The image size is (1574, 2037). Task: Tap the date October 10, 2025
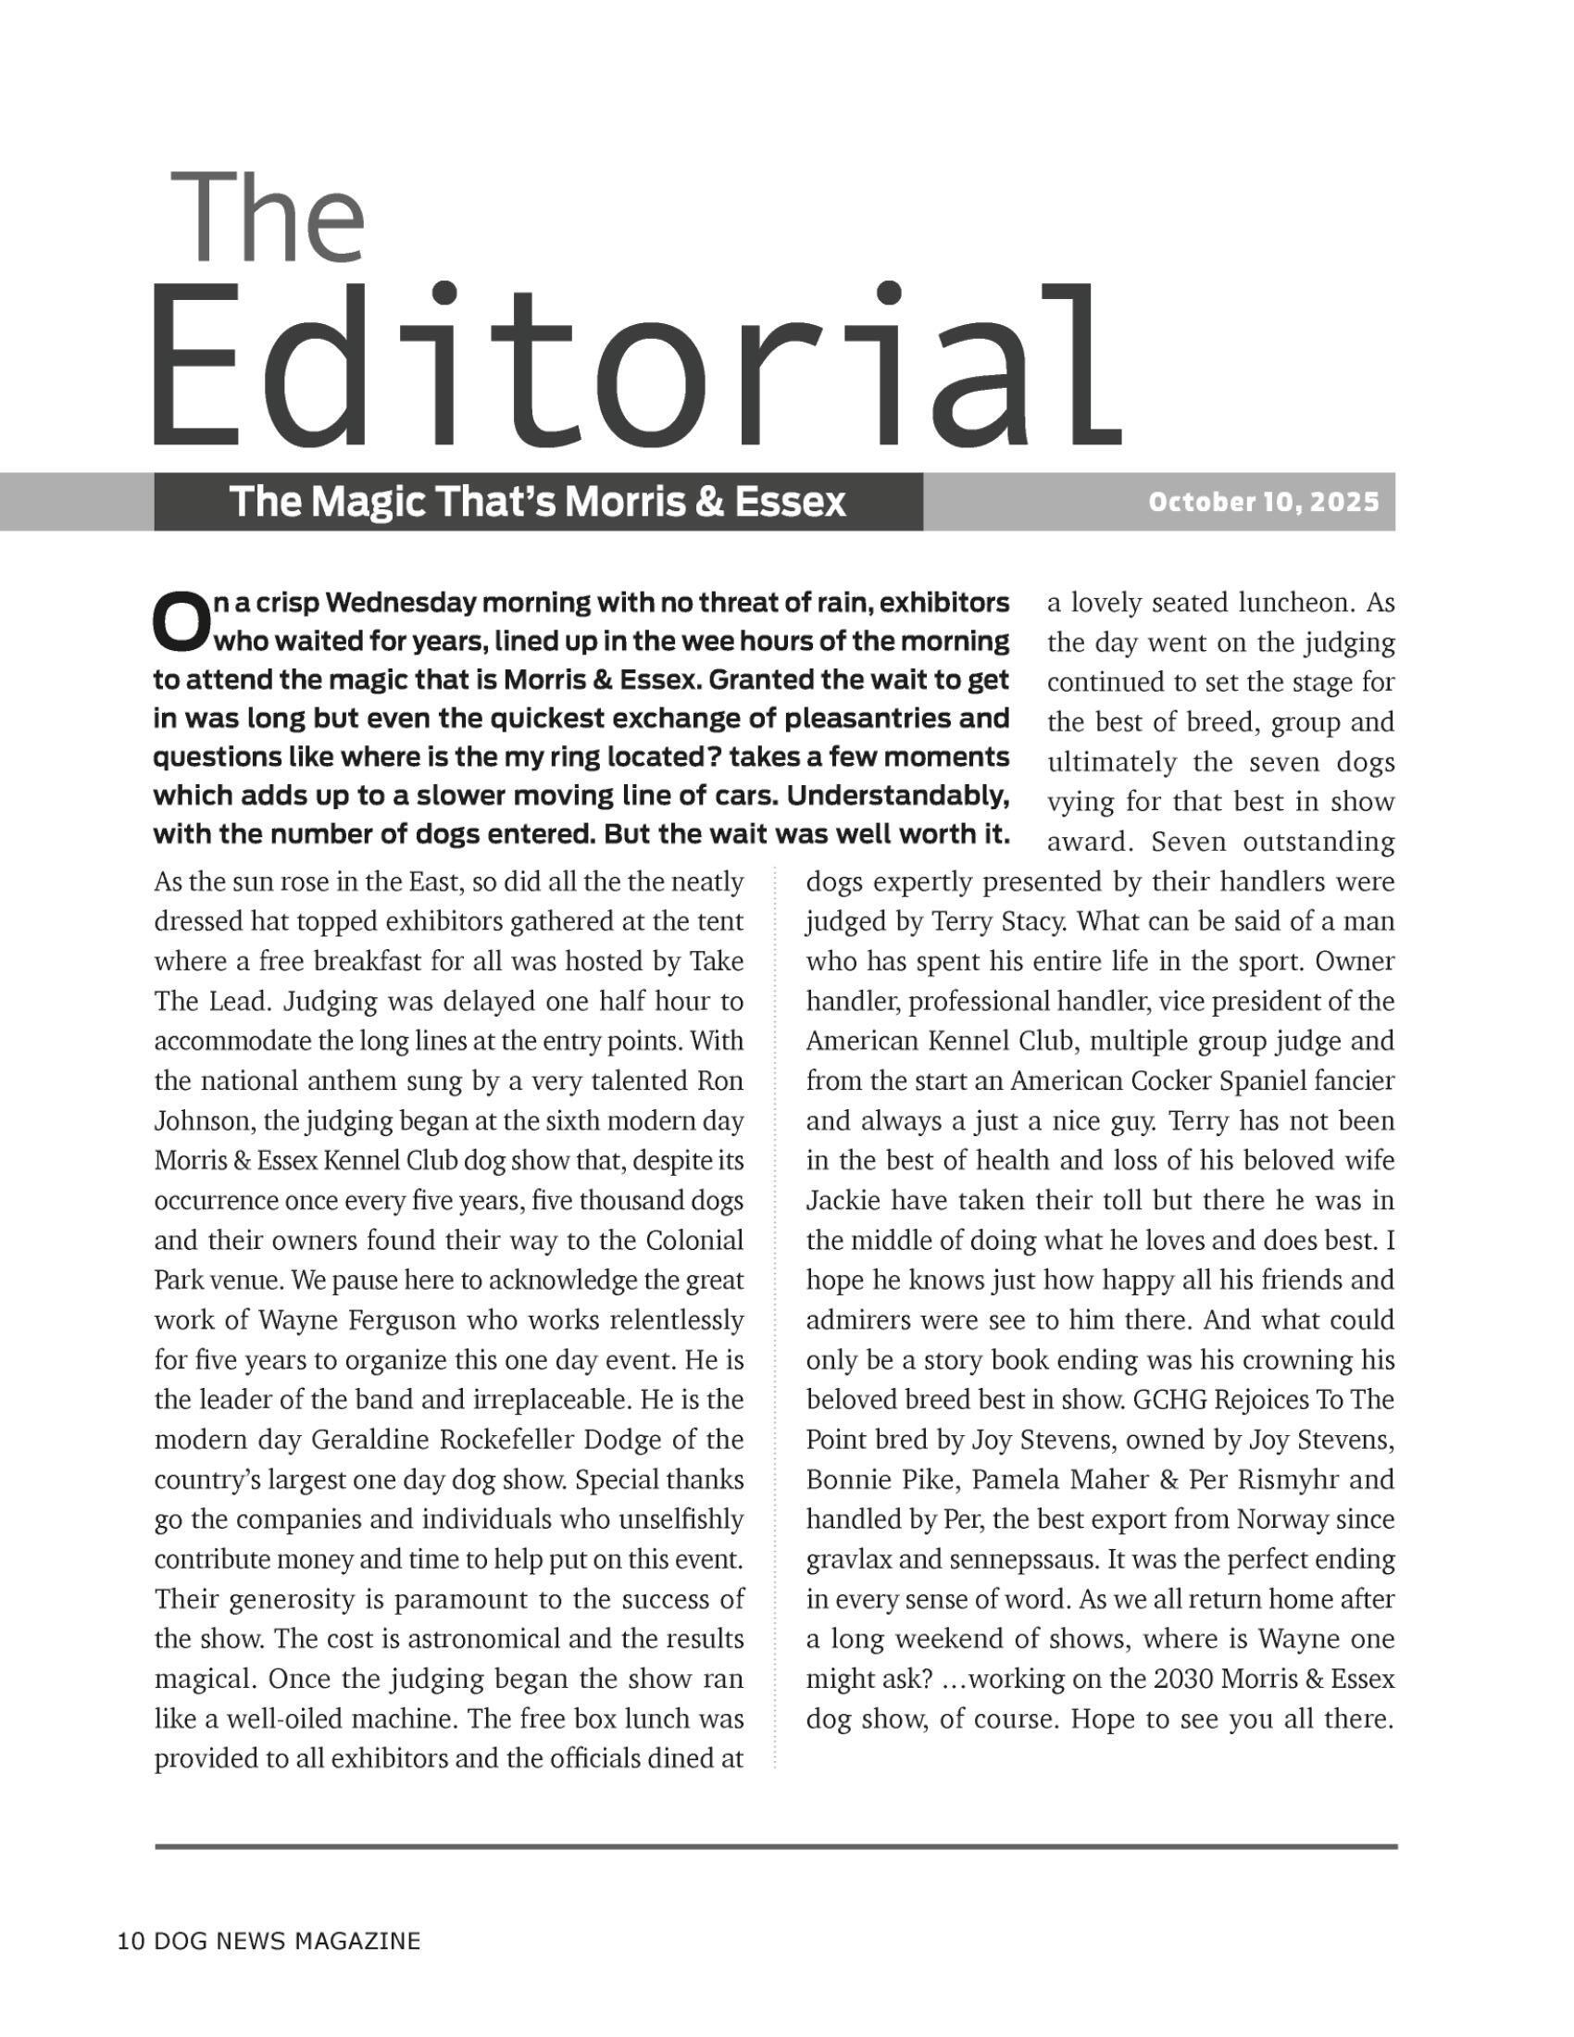click(x=1264, y=503)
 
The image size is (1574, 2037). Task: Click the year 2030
click(x=1182, y=1679)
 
